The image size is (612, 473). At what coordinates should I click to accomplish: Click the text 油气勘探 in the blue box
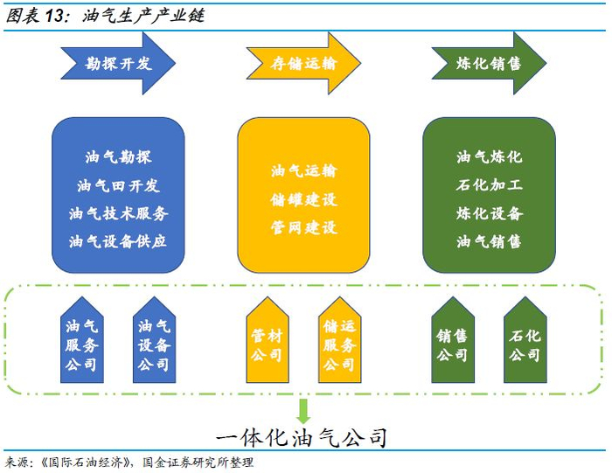tap(118, 157)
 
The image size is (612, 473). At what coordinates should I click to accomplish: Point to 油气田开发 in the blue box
tap(118, 185)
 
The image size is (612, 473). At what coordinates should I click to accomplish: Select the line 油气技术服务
tap(118, 213)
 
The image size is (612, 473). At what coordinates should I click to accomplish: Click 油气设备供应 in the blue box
tap(118, 241)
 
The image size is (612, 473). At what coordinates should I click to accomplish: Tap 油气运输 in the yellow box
tap(303, 171)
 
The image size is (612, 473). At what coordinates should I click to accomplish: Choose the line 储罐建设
tap(303, 199)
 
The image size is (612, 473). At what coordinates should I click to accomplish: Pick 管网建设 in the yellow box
tap(303, 227)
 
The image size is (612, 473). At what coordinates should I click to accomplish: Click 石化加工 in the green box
tap(489, 185)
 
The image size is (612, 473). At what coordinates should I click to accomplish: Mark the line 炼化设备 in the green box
tap(489, 213)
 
